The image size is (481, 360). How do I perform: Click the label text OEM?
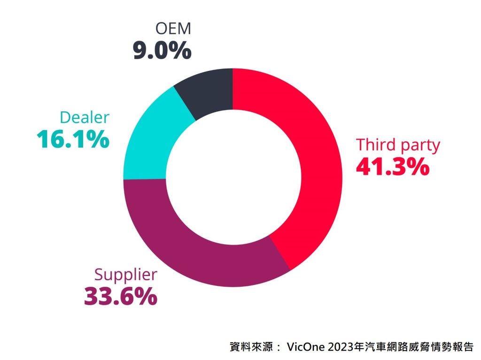pyautogui.click(x=173, y=29)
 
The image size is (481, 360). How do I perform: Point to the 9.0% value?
pyautogui.click(x=162, y=50)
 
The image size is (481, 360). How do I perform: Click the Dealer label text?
pyautogui.click(x=85, y=118)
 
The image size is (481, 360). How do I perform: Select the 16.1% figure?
pyautogui.click(x=73, y=139)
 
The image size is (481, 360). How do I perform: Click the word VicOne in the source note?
pyautogui.click(x=308, y=348)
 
